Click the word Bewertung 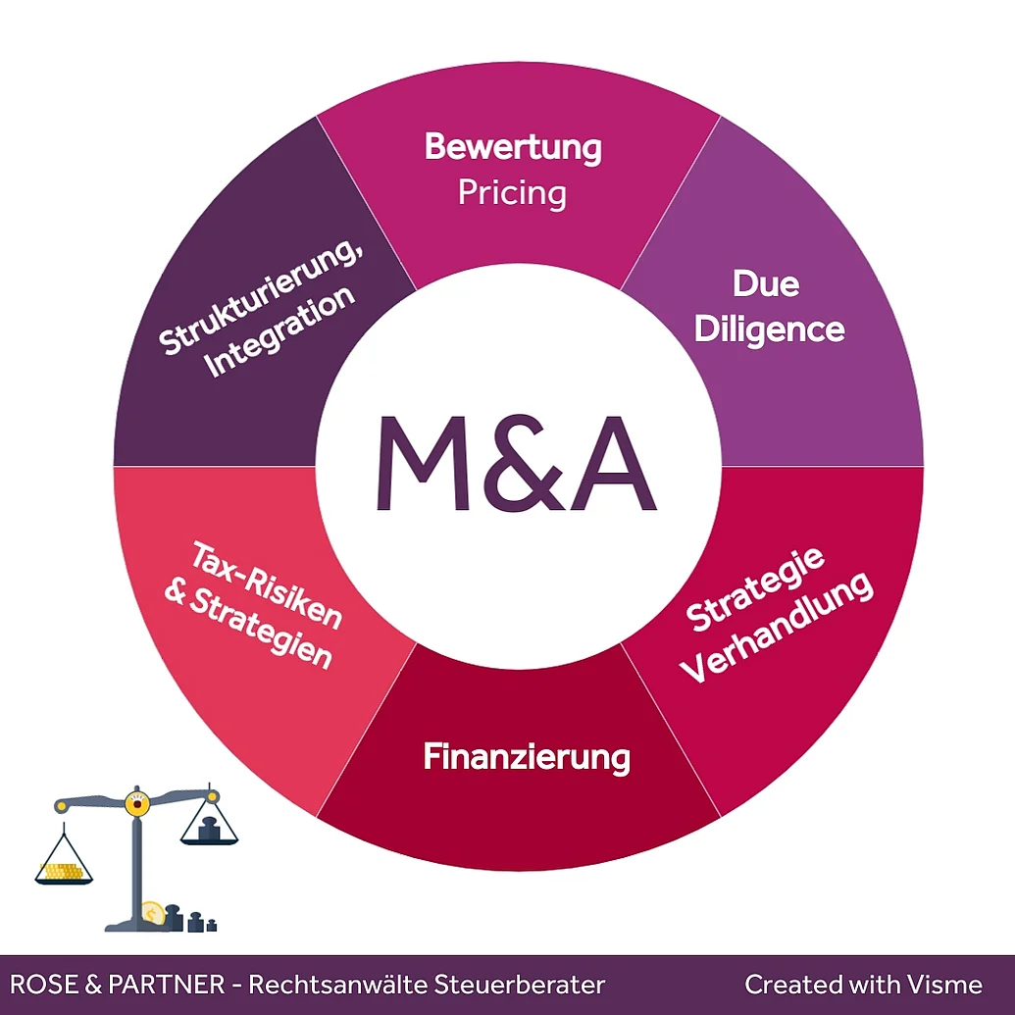[513, 148]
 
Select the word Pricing [512, 193]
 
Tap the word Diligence [769, 330]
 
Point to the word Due [766, 283]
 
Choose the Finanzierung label [527, 757]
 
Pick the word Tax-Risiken [266, 585]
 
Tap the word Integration [280, 330]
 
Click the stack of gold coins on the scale [62, 871]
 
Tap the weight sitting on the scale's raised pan [209, 830]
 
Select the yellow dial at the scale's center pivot [137, 802]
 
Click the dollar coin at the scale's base [153, 915]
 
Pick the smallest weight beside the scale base [212, 926]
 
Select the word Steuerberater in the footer [519, 985]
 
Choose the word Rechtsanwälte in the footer [337, 985]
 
